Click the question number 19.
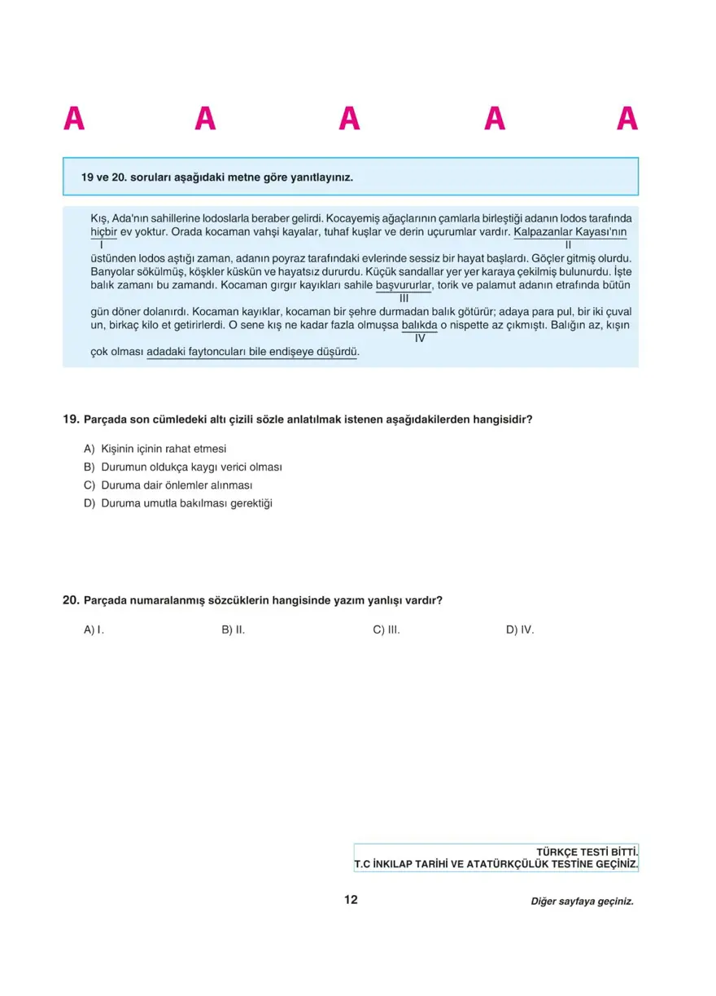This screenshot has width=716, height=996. point(72,419)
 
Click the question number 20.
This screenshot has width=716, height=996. point(72,600)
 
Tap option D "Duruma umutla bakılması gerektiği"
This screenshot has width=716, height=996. point(178,503)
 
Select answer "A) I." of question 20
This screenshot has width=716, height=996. point(94,630)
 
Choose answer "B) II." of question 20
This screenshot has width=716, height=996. point(234,630)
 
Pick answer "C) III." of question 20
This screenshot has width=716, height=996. point(386,630)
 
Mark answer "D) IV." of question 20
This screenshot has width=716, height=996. point(520,630)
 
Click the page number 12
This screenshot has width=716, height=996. point(351,900)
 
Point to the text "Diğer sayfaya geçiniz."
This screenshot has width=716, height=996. point(581,902)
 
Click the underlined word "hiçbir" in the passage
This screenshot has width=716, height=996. point(103,231)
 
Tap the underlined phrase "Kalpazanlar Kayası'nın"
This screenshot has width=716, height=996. point(570,231)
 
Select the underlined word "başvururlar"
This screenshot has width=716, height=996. point(404,285)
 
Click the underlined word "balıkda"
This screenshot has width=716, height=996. point(420,325)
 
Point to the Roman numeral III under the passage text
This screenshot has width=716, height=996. point(404,298)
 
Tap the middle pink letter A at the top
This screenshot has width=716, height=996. point(349,119)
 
